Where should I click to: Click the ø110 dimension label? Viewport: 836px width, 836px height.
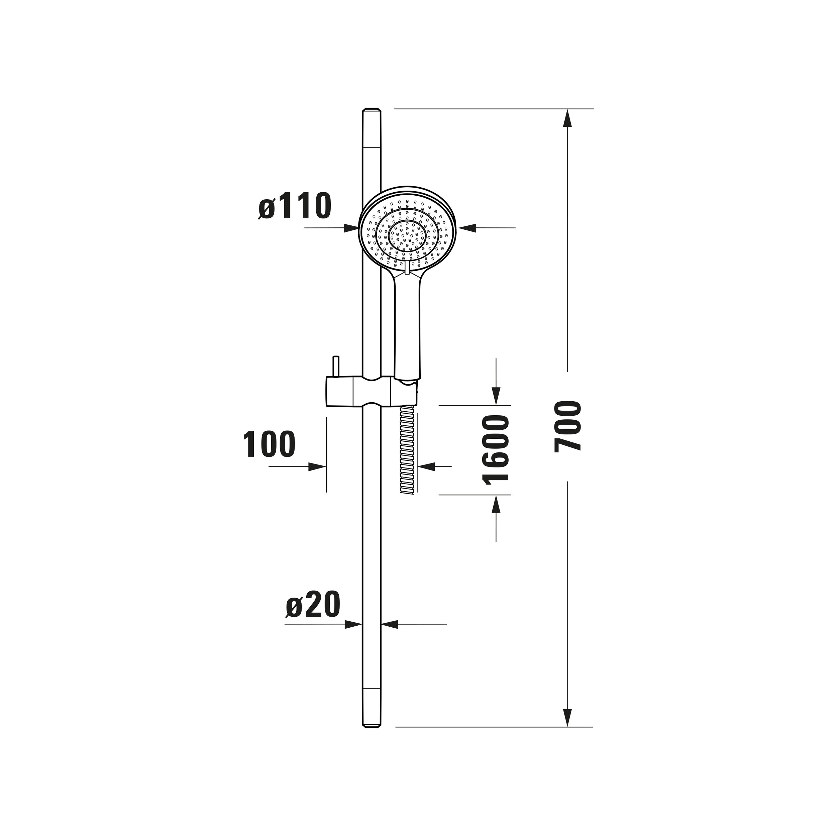295,206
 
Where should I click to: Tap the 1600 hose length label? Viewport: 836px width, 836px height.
495,449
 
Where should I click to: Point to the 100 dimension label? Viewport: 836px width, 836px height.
269,444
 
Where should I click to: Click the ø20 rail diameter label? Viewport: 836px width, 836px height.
313,605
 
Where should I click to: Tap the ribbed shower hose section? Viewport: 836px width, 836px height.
408,450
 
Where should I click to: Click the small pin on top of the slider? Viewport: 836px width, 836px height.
335,367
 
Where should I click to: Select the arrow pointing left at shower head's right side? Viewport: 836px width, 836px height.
467,228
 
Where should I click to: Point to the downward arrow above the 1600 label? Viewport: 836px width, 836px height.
496,396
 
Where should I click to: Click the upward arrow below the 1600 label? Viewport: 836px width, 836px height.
496,504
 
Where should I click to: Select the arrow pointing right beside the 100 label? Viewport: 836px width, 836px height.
317,466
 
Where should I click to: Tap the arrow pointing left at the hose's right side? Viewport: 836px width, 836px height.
426,466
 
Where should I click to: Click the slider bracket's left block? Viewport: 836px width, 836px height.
340,392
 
